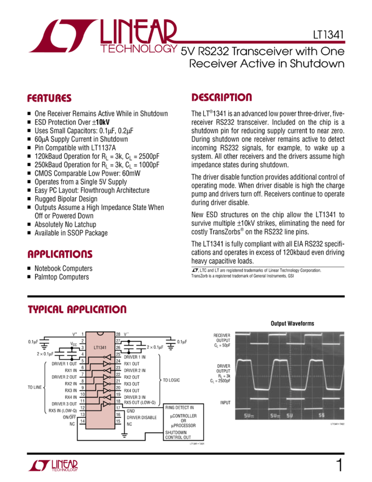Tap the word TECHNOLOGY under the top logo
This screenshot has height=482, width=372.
click(x=138, y=49)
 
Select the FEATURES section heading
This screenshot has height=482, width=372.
click(x=50, y=98)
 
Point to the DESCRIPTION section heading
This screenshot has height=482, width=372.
click(x=221, y=98)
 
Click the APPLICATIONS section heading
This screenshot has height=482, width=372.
click(x=60, y=255)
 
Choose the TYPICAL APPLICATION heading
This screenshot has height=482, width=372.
click(x=77, y=310)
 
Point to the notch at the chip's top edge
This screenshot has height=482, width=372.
click(x=100, y=333)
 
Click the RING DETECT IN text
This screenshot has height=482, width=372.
click(x=179, y=408)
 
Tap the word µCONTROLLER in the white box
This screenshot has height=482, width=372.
click(x=183, y=416)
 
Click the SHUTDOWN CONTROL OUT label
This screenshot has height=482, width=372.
click(x=177, y=435)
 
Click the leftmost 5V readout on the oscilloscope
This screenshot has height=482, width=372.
click(x=249, y=416)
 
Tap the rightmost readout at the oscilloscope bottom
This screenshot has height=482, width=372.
click(x=322, y=416)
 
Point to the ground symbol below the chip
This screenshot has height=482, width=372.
click(x=124, y=436)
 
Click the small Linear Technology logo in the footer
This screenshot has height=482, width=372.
click(x=53, y=466)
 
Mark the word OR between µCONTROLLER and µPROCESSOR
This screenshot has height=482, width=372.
click(x=183, y=421)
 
